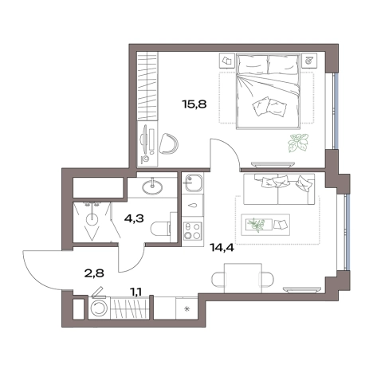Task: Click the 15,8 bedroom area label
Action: (194, 104)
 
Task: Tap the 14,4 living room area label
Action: (222, 248)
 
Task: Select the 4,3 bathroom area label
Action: (134, 218)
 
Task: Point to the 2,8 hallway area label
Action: (94, 273)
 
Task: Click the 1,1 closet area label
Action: (135, 293)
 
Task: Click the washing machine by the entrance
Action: (99, 308)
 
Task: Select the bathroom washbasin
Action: (152, 186)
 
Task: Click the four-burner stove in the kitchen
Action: (192, 231)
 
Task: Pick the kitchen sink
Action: (194, 183)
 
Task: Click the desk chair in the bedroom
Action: (168, 143)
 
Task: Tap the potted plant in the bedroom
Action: (298, 143)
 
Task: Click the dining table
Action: (243, 278)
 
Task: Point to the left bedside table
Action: (227, 61)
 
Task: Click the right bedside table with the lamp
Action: (309, 61)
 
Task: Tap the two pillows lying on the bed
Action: (269, 108)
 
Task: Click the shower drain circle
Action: (92, 220)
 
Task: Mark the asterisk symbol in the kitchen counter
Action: (187, 308)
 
